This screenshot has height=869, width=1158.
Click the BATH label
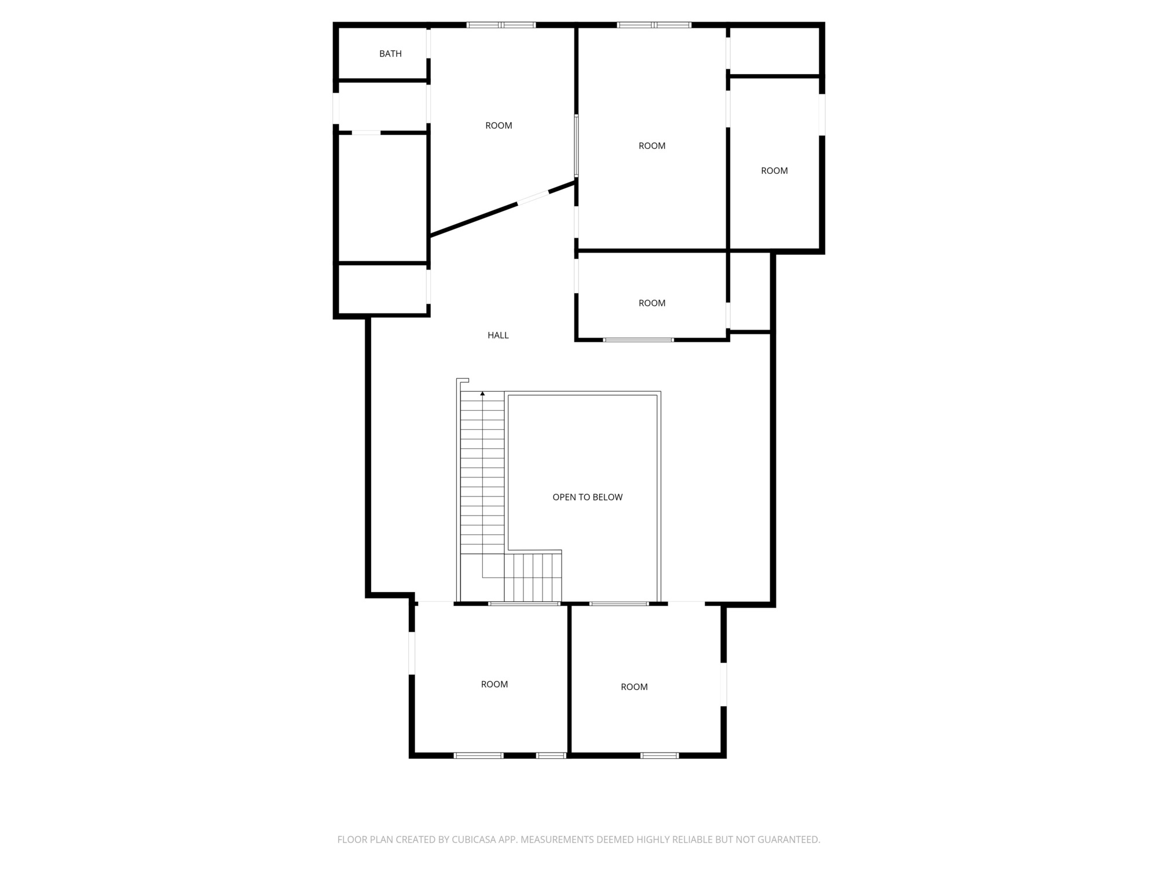(390, 54)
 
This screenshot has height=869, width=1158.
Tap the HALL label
(498, 335)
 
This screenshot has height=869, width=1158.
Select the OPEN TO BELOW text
(587, 497)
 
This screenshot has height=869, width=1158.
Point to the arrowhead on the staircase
(482, 394)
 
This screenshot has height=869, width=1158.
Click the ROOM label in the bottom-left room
(494, 684)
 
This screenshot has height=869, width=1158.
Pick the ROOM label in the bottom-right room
(634, 687)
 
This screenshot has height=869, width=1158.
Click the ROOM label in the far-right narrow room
(774, 171)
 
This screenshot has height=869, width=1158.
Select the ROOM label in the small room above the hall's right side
(652, 303)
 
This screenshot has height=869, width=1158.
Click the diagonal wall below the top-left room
(503, 209)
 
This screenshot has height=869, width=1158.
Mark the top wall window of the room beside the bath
(501, 25)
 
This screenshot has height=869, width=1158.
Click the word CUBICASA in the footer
(473, 839)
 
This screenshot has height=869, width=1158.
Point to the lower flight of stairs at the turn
(533, 578)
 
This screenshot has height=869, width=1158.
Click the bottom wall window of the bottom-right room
(659, 755)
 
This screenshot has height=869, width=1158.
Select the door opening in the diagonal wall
(533, 197)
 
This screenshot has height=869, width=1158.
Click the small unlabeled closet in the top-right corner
(774, 51)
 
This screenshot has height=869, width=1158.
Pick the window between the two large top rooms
(576, 145)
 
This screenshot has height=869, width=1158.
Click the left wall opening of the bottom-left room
(412, 653)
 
